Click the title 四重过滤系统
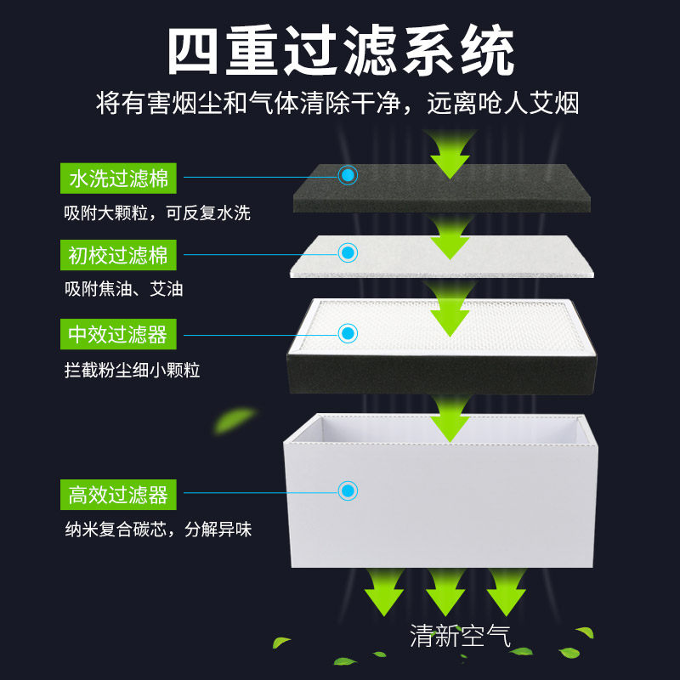[x=340, y=52]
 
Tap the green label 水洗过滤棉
[x=118, y=178]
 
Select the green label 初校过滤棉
[x=118, y=254]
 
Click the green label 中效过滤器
[x=118, y=334]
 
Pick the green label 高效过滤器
[x=118, y=494]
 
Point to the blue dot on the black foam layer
[x=348, y=175]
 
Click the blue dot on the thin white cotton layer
[x=348, y=252]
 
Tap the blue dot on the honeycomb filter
[x=348, y=332]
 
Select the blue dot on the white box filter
[x=348, y=490]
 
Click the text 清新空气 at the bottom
[x=460, y=635]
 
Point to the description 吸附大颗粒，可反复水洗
[x=157, y=212]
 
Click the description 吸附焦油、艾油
[x=123, y=289]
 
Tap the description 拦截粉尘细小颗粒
[x=132, y=371]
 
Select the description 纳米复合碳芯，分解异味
[x=158, y=530]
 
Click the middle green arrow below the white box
[x=445, y=590]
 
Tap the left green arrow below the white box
[x=383, y=590]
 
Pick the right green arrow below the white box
[x=507, y=590]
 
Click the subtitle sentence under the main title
[x=337, y=105]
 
